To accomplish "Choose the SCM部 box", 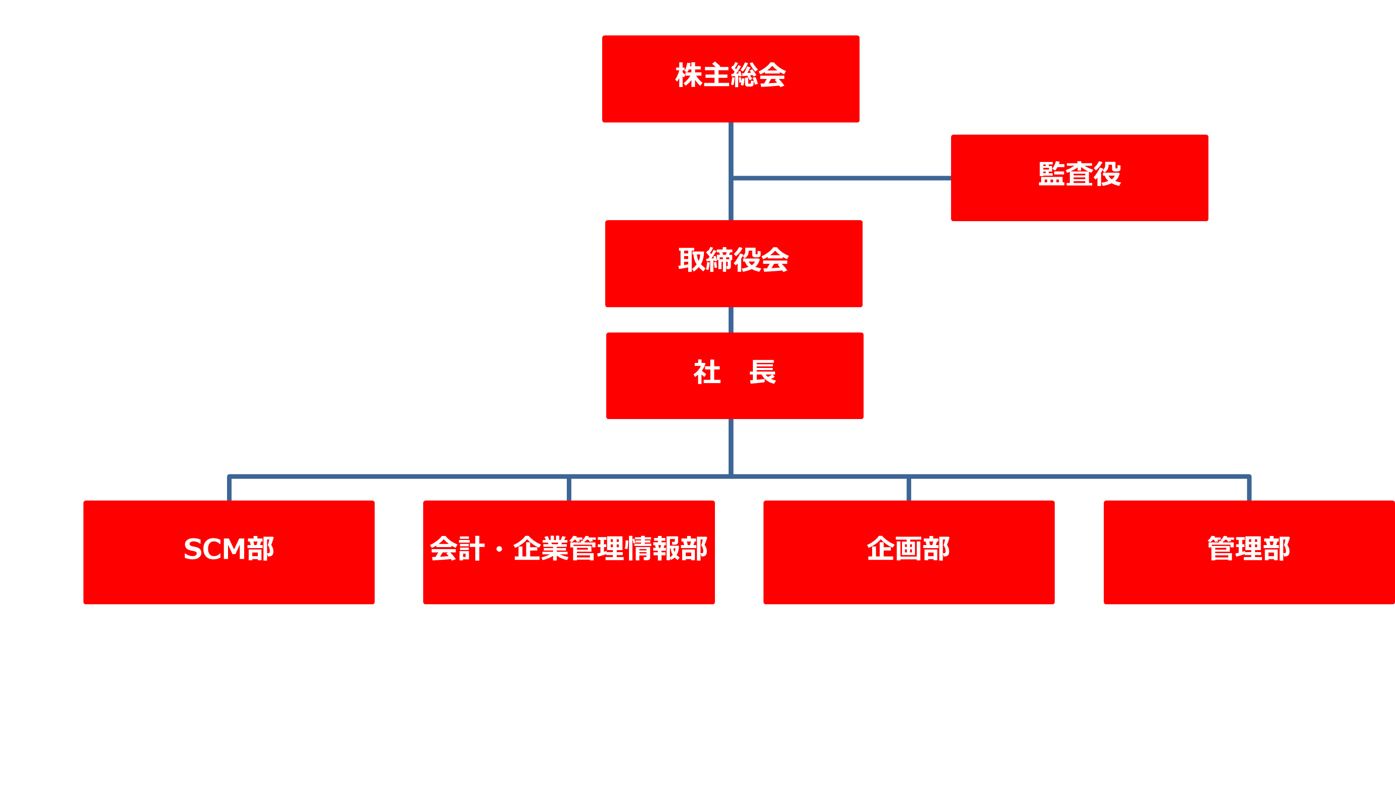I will pyautogui.click(x=229, y=580).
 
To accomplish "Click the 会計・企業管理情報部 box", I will pyautogui.click(x=569, y=580).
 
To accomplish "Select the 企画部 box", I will pyautogui.click(x=909, y=580).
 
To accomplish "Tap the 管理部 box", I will pyautogui.click(x=1248, y=580).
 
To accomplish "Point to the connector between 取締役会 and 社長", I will pyautogui.click(x=731, y=320).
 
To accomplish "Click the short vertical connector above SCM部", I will pyautogui.click(x=230, y=489).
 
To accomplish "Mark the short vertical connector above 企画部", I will pyautogui.click(x=909, y=489).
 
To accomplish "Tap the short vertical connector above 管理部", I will pyautogui.click(x=1249, y=489).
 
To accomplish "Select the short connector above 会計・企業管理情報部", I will pyautogui.click(x=569, y=489).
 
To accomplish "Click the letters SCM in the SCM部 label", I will pyautogui.click(x=214, y=549).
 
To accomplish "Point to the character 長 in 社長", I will pyautogui.click(x=762, y=372).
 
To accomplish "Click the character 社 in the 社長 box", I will pyautogui.click(x=707, y=372).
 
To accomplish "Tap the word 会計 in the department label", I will pyautogui.click(x=458, y=549).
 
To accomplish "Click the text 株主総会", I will pyautogui.click(x=730, y=75).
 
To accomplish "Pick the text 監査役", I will pyautogui.click(x=1079, y=174).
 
